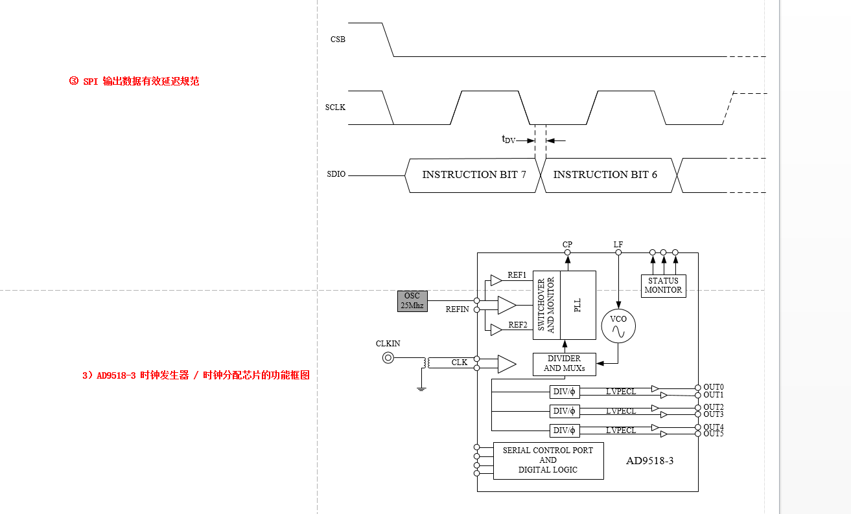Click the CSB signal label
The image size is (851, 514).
tap(338, 39)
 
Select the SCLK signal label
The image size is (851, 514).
tap(335, 107)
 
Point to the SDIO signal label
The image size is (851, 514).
tap(336, 175)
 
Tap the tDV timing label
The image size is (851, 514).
tap(508, 139)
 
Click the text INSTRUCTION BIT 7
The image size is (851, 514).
tap(474, 175)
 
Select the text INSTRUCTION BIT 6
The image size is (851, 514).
tap(605, 175)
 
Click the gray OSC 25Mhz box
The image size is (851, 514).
tap(412, 301)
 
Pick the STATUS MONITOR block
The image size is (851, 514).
tap(663, 285)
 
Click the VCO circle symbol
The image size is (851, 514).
tap(618, 326)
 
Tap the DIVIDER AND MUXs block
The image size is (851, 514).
tap(564, 364)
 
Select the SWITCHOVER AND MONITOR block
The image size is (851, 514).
tap(546, 305)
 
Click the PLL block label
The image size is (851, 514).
tap(578, 305)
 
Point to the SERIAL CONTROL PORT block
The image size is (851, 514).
tap(548, 460)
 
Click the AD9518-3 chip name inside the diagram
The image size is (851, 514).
tap(649, 462)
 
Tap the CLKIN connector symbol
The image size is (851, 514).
tap(388, 357)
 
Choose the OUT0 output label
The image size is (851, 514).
tap(713, 387)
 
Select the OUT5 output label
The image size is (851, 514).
tap(713, 434)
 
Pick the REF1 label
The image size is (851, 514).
tap(517, 275)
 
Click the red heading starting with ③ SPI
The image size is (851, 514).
tap(134, 82)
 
